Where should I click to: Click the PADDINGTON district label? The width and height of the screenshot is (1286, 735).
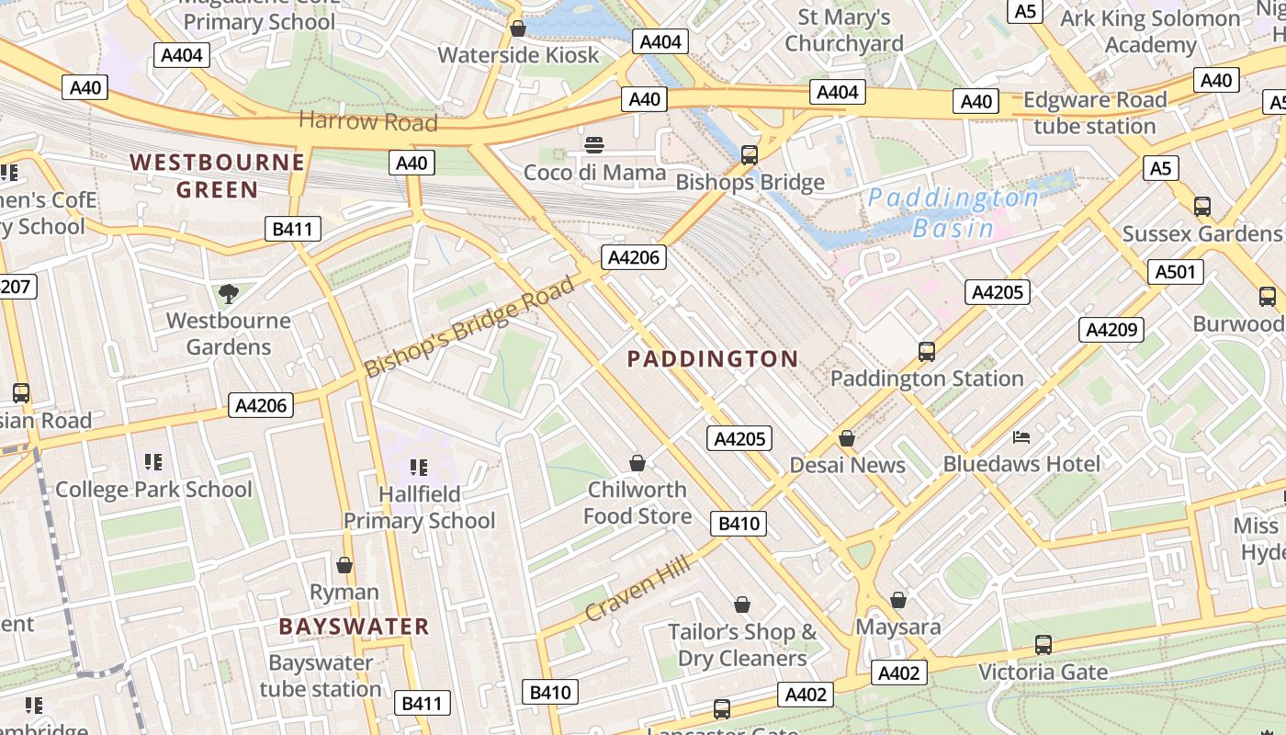point(713,359)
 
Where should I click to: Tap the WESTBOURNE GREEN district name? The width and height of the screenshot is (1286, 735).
point(217,176)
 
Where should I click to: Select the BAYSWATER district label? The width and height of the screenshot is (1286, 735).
point(354,628)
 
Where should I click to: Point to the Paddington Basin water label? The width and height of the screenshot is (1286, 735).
point(953,213)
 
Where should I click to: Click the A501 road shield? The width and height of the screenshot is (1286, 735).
point(1175,271)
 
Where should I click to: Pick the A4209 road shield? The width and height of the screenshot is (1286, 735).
point(1111,329)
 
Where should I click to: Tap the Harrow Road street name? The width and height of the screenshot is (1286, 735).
point(367,121)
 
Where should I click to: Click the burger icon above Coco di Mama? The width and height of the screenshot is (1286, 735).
point(594,144)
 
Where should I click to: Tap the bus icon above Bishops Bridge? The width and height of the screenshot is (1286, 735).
point(750,155)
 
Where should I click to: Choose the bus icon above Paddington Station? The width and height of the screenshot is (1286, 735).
point(926,351)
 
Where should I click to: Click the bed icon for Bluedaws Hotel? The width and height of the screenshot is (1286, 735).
point(1021,436)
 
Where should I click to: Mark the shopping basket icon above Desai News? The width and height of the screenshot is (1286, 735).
point(847,438)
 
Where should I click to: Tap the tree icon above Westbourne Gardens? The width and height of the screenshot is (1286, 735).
point(228,294)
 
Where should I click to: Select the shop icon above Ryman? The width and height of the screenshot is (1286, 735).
point(344,564)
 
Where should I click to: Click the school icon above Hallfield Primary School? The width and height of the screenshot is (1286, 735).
point(419,467)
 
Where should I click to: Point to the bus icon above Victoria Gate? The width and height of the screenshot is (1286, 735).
point(1043,645)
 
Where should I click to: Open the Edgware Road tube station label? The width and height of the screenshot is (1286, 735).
point(1094,113)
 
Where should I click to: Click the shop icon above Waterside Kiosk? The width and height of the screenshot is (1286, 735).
point(518,28)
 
